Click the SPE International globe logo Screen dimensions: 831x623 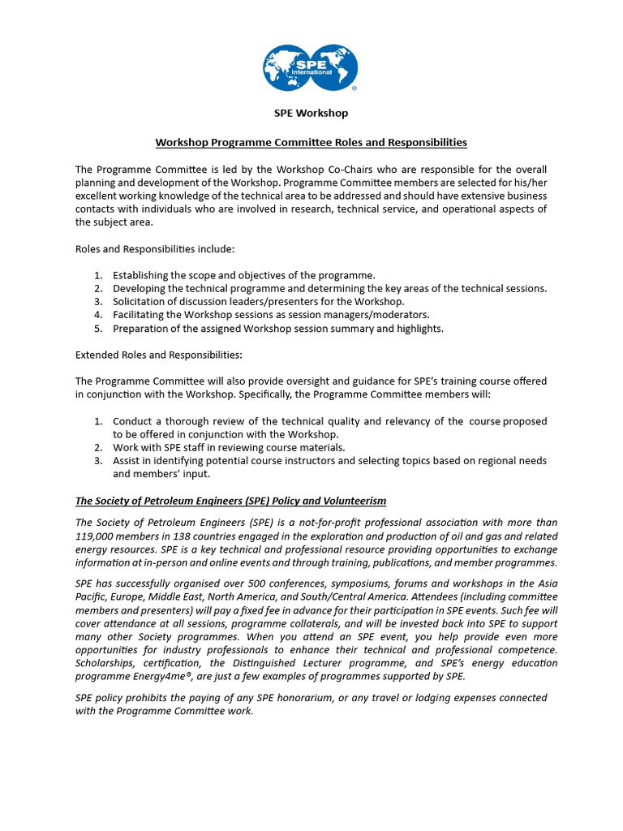click(311, 68)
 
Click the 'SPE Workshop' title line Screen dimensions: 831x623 click(311, 113)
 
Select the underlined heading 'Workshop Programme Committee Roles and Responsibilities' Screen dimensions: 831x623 click(311, 142)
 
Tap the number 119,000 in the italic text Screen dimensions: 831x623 click(94, 536)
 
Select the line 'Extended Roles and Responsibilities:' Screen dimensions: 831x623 click(158, 355)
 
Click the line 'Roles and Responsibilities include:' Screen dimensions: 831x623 click(155, 248)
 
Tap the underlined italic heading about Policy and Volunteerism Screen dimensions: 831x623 click(230, 500)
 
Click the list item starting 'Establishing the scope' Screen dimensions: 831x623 click(243, 275)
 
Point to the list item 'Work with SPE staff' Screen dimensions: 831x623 click(228, 447)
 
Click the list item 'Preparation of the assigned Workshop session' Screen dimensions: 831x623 click(277, 328)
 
